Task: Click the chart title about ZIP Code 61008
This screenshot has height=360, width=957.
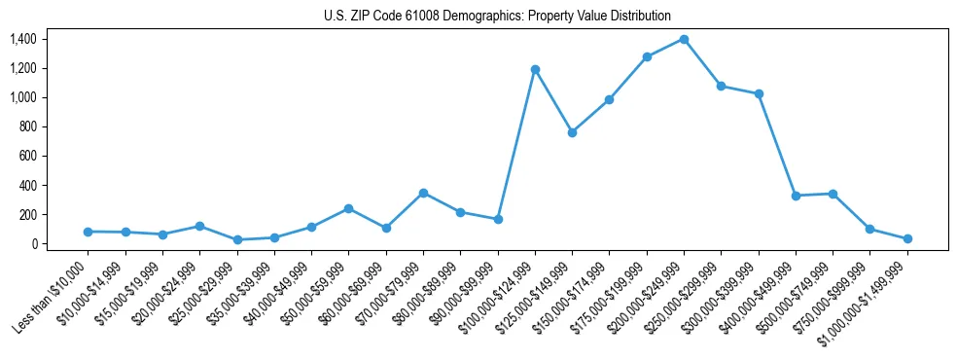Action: [497, 16]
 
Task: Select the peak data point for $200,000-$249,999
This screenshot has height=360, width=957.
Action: [684, 39]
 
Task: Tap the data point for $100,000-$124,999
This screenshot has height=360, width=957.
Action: [535, 69]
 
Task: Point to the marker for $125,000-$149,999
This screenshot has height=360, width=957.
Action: [572, 132]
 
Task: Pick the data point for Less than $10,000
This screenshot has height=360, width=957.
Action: [89, 232]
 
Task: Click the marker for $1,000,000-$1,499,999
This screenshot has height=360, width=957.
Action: [906, 238]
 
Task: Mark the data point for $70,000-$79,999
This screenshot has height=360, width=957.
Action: [423, 193]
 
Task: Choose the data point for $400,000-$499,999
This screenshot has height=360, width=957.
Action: [796, 196]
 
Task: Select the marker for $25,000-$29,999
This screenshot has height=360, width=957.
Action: [237, 239]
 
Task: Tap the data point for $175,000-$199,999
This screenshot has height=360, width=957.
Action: [647, 56]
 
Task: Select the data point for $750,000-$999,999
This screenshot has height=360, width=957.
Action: [869, 229]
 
